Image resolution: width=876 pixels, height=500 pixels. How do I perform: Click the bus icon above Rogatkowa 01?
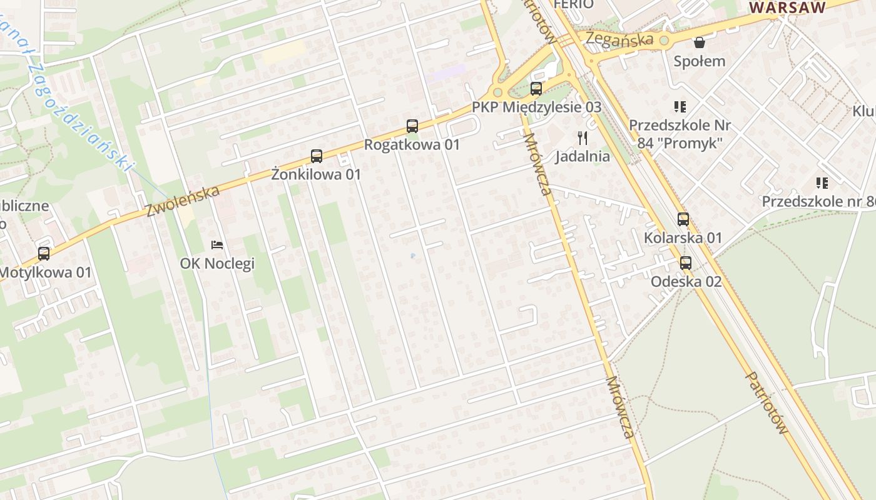point(412,126)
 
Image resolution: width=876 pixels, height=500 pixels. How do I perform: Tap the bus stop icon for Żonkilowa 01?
point(317,156)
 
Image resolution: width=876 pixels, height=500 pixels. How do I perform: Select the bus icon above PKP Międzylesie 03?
point(536,89)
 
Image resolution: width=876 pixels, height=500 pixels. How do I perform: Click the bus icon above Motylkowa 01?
point(43,254)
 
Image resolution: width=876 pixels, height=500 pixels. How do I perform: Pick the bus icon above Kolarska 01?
point(683,219)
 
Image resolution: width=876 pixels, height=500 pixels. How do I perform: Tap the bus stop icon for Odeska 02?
point(686,263)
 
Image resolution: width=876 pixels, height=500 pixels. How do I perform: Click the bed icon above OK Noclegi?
point(217,244)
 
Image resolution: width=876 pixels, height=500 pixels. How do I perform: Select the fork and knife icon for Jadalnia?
point(583,138)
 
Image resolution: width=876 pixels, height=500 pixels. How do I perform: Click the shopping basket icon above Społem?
point(699,42)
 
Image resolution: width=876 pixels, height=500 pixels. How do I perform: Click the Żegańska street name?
point(619,39)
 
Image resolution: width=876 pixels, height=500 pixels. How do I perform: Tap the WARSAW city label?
point(788,7)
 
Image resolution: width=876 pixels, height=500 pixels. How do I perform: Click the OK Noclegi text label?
point(217,264)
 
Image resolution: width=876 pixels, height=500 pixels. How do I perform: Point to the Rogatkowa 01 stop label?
point(412,145)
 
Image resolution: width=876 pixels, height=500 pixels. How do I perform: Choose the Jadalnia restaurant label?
point(583,156)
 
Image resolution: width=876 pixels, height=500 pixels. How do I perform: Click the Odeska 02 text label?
point(686,282)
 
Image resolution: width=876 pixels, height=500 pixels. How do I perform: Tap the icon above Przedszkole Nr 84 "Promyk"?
point(680,107)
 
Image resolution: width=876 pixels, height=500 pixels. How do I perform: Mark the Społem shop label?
point(700,61)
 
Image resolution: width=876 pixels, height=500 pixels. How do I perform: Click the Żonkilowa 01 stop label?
point(316,175)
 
